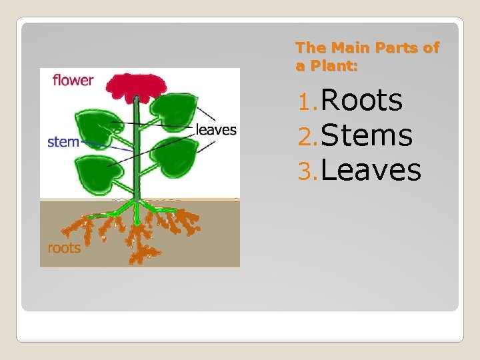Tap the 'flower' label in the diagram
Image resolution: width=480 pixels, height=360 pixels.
(x=73, y=80)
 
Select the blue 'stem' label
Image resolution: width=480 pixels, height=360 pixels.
(x=63, y=141)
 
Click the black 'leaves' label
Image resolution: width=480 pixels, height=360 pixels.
(x=216, y=129)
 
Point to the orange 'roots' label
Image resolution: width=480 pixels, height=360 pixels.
(x=64, y=248)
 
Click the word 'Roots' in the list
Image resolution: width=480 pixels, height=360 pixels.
(x=362, y=101)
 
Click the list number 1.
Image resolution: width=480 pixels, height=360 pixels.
(x=307, y=102)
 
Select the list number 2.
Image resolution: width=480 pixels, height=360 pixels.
(x=307, y=137)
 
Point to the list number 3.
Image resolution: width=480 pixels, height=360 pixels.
(x=307, y=171)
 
